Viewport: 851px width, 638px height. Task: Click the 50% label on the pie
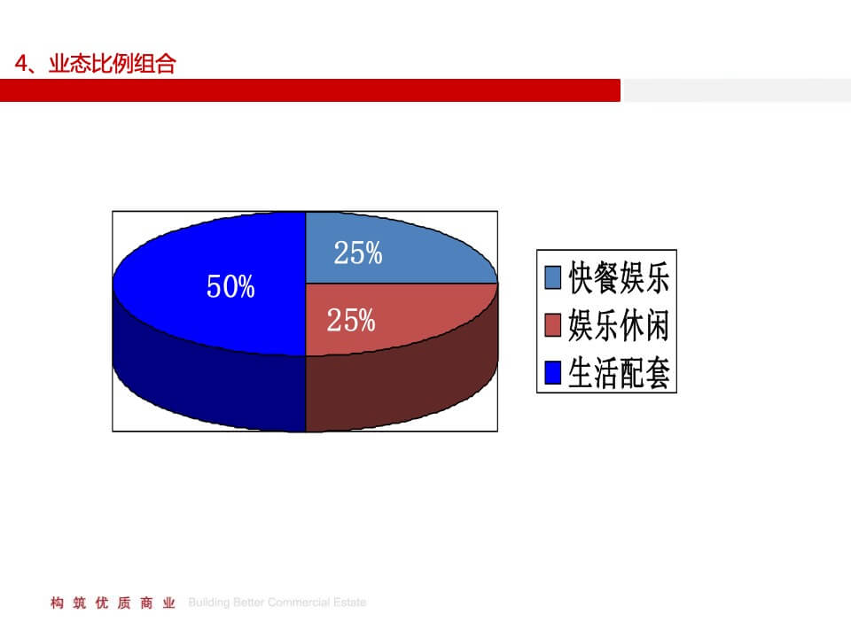pos(230,286)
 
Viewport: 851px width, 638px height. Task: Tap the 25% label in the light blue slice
pos(358,253)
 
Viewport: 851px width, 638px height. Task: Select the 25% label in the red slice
pos(351,321)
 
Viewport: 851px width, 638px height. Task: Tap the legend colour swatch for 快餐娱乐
pos(552,278)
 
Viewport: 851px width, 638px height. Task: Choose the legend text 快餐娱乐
pos(618,278)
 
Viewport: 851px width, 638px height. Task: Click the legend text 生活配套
pos(618,374)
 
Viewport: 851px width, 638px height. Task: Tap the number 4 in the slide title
pos(22,65)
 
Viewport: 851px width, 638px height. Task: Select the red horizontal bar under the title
pos(310,90)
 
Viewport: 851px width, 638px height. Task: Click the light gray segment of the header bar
pos(736,90)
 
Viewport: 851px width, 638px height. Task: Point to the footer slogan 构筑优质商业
pos(113,603)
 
